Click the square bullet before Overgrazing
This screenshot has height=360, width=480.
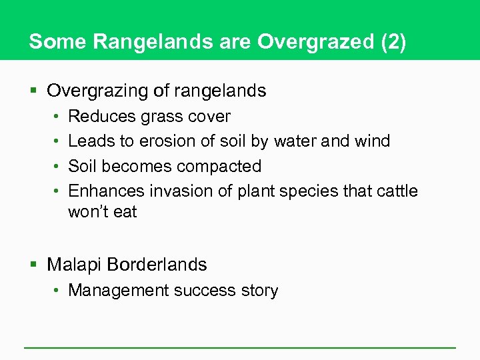(35, 91)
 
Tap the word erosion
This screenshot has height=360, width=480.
(166, 141)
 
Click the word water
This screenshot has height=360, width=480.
(297, 141)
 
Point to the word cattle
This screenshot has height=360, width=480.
(396, 191)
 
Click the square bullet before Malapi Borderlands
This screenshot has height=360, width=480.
(35, 265)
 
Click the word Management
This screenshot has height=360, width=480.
(119, 291)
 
